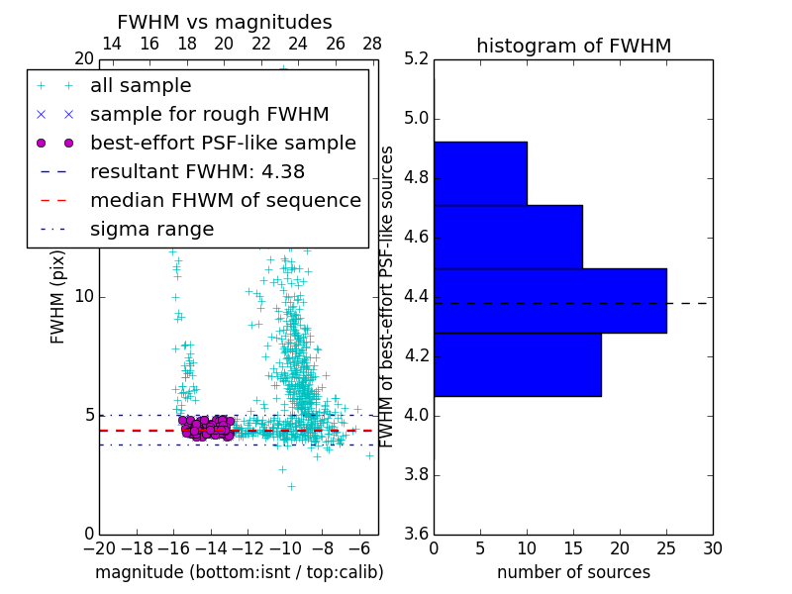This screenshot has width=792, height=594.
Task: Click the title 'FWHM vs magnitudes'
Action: point(225,22)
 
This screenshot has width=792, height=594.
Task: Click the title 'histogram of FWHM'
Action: point(573,46)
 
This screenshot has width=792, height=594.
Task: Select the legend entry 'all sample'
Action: point(141,86)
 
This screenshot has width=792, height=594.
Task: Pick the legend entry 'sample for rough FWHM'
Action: point(209,115)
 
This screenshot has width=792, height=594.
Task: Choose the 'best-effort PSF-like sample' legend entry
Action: point(223,144)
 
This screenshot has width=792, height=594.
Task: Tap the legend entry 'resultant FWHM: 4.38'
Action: point(197,171)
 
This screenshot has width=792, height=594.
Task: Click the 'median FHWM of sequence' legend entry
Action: point(225,200)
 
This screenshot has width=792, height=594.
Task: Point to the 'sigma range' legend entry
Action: point(151,229)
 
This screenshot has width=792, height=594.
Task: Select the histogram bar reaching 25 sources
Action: point(549,300)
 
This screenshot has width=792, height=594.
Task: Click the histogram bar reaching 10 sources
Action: point(480,173)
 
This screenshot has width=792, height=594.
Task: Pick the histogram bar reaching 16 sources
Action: point(508,237)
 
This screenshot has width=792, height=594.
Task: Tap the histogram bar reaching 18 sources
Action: point(517,364)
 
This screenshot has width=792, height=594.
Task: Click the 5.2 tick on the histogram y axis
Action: point(416,59)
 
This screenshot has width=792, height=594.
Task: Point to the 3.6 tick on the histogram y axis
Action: point(416,534)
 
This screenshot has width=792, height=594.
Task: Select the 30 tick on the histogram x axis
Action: point(712,548)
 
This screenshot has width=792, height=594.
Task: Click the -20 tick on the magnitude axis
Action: point(99,548)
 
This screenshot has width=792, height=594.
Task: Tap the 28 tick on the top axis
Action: point(372,44)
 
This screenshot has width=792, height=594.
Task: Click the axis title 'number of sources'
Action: point(573,572)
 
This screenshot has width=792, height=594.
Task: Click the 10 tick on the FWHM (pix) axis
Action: point(83,297)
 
